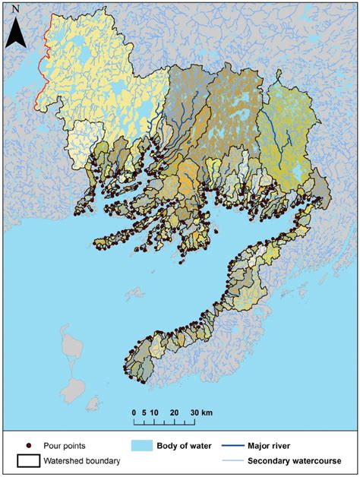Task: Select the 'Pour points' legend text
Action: [x=64, y=446]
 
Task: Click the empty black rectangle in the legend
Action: [x=28, y=460]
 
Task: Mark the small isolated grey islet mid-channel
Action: [x=136, y=293]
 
